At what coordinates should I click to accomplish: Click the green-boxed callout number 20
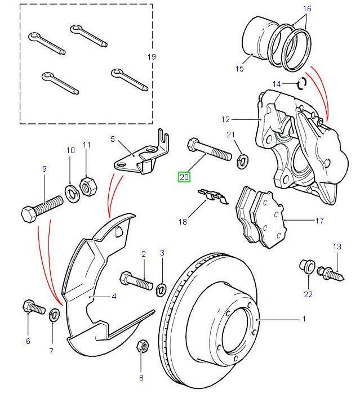coord(184,177)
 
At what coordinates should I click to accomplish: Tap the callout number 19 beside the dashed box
coord(151,57)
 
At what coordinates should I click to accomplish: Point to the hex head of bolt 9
coord(29,214)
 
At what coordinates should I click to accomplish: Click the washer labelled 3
coord(161,289)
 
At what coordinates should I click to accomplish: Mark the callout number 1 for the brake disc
coord(304,319)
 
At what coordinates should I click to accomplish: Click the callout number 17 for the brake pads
coord(319,221)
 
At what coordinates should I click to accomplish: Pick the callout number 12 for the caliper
coord(225,119)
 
